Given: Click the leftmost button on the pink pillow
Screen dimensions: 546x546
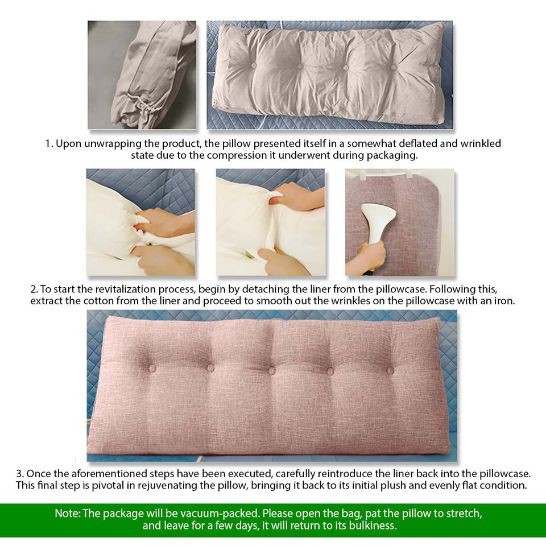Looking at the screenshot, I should pos(152,369).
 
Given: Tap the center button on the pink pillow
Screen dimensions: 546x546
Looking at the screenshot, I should pos(271,370).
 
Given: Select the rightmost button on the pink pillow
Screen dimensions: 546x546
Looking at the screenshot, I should pos(390,371).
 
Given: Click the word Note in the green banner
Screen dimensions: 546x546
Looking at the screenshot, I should pos(67,514).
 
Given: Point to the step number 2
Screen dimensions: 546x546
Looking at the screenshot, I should pos(34,289).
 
